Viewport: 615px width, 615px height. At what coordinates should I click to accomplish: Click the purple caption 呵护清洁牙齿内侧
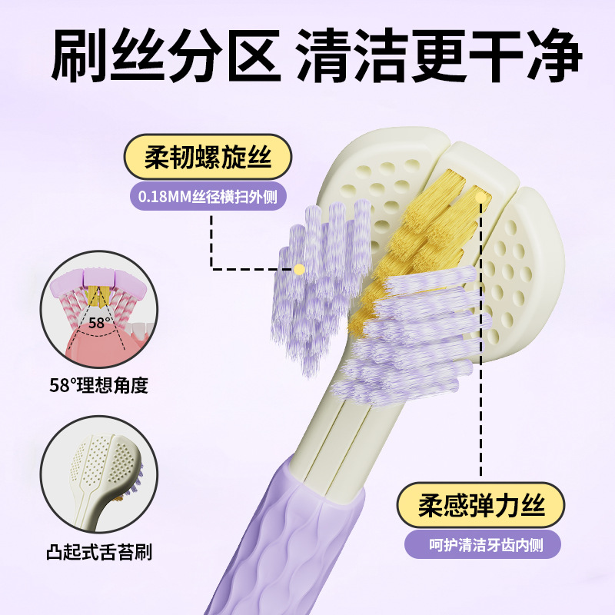pyautogui.click(x=483, y=544)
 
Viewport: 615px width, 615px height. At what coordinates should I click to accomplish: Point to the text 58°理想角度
pyautogui.click(x=98, y=384)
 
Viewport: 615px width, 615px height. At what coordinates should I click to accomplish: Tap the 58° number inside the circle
pyautogui.click(x=98, y=323)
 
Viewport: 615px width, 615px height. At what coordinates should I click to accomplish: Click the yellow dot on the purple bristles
pyautogui.click(x=299, y=268)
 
